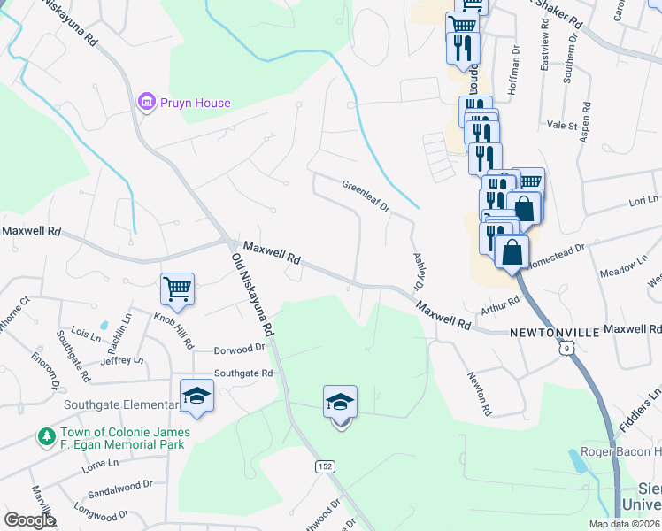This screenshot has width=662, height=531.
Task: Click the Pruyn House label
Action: coord(195,103)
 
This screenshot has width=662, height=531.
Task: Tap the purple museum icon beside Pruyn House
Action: coord(147,103)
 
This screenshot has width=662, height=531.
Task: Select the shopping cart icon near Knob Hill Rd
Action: coord(177,288)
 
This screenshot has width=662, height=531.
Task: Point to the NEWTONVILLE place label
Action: coord(555,331)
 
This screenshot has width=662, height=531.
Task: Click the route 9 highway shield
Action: coord(564,349)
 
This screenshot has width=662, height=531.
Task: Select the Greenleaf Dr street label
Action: coord(366,196)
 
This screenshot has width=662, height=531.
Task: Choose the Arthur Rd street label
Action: coord(500,304)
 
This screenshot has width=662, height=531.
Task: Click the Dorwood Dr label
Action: coord(240,349)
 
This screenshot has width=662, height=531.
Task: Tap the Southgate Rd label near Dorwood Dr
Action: coord(243,373)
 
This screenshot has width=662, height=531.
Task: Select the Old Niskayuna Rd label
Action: coord(250,293)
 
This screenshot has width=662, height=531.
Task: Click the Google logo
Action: coord(31,520)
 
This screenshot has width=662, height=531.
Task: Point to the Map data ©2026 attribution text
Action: coord(624,524)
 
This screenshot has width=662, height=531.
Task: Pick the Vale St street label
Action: coord(562,126)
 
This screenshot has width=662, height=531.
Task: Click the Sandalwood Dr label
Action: coord(120,486)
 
